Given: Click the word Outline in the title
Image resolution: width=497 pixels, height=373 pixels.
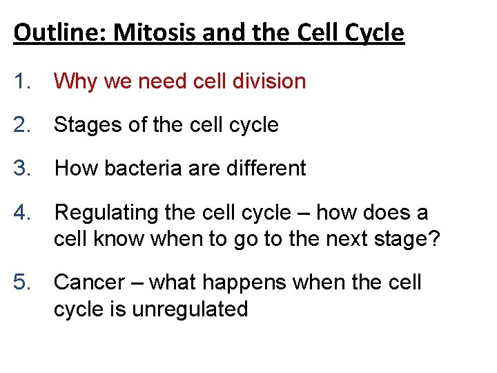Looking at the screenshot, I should [50, 32].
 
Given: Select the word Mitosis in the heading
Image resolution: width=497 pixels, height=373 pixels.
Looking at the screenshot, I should [142, 32].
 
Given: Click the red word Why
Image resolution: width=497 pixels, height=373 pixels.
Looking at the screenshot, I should [76, 82].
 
